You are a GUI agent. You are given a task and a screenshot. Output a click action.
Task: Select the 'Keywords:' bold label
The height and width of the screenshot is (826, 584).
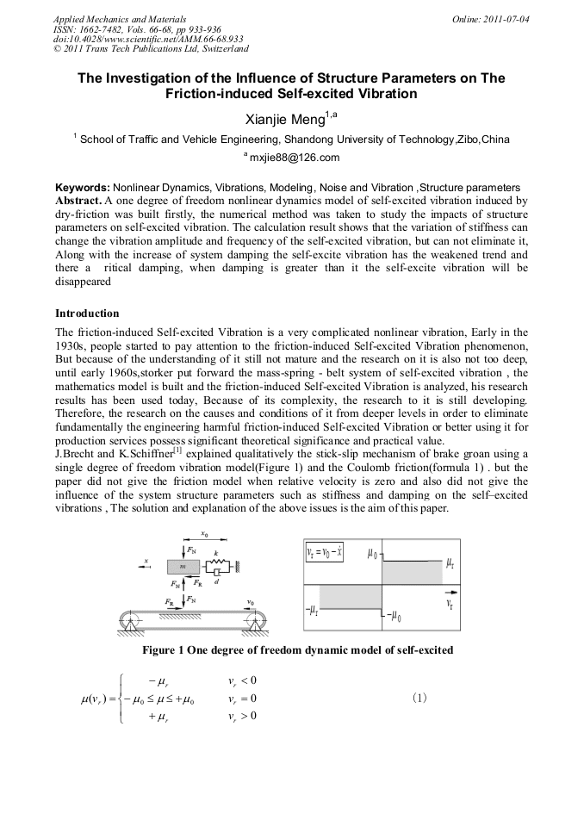pyautogui.click(x=82, y=187)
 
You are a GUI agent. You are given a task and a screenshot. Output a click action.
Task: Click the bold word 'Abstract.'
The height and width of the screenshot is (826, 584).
pyautogui.click(x=78, y=199)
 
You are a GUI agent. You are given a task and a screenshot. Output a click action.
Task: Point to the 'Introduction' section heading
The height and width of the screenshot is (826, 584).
pyautogui.click(x=87, y=313)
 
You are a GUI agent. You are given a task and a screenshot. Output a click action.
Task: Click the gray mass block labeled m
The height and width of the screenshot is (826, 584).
pyautogui.click(x=182, y=566)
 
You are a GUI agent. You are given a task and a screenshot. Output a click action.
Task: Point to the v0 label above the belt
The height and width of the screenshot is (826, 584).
pyautogui.click(x=251, y=601)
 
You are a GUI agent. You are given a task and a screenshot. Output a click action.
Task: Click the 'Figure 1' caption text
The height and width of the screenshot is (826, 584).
pyautogui.click(x=297, y=649)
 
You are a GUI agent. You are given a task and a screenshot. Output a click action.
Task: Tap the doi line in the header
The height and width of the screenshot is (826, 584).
pyautogui.click(x=148, y=39)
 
